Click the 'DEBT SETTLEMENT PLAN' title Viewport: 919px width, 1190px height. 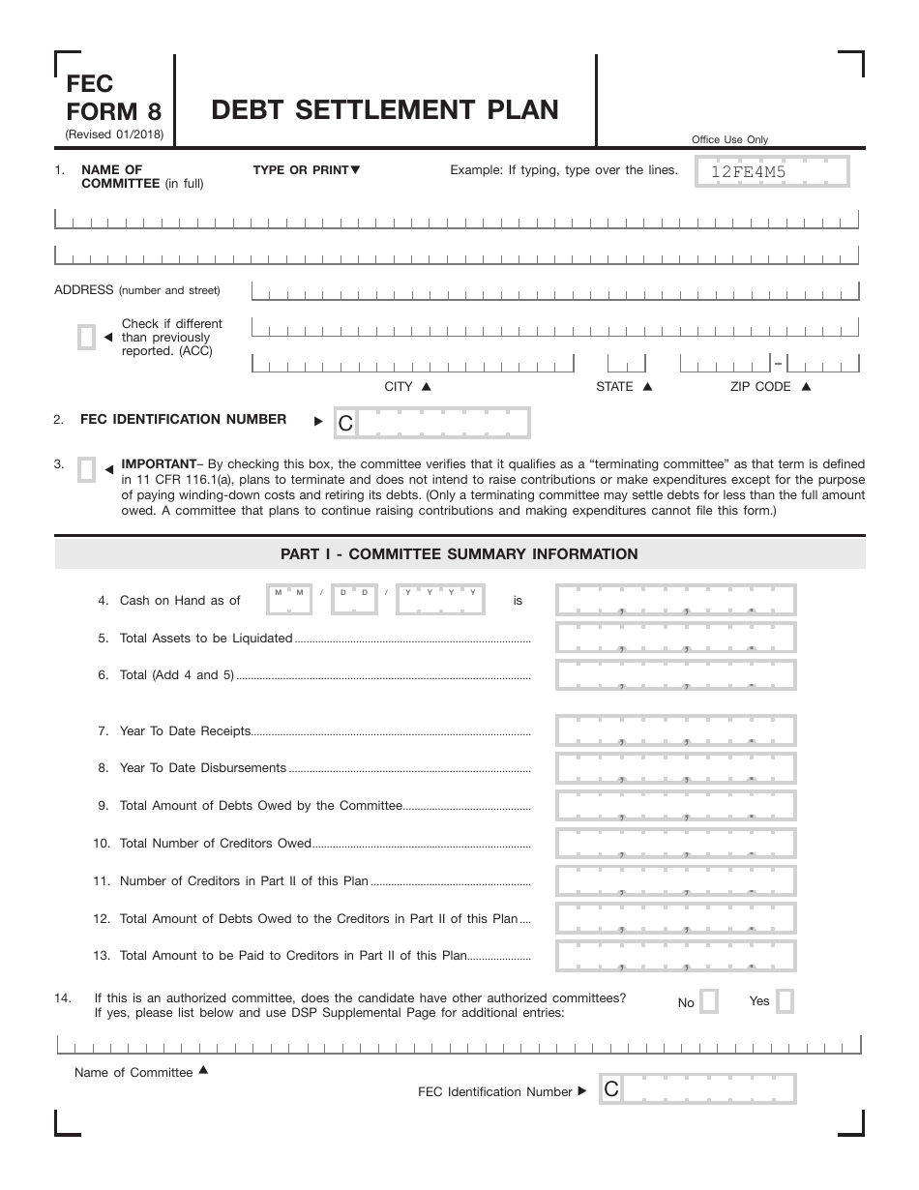[x=385, y=109]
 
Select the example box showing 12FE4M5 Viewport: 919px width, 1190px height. [x=773, y=172]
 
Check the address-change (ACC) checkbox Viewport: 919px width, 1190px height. [x=86, y=338]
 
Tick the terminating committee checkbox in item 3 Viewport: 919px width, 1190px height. [x=86, y=469]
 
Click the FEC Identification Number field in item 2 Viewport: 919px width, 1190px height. [x=431, y=422]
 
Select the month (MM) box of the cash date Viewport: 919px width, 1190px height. [x=288, y=600]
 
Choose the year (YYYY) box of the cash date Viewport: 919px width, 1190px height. [x=440, y=600]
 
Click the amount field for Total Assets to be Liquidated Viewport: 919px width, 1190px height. [x=675, y=638]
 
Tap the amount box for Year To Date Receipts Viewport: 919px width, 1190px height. [x=675, y=730]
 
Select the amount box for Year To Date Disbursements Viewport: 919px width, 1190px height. [x=675, y=768]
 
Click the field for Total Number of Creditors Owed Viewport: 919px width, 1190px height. [x=675, y=843]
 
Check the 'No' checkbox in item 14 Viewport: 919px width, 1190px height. [x=709, y=1001]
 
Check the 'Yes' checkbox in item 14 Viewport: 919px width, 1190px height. [x=785, y=1001]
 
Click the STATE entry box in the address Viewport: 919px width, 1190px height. [x=626, y=363]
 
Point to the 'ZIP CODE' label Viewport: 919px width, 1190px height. [x=760, y=386]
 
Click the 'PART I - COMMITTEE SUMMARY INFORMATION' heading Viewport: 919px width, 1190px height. [x=459, y=554]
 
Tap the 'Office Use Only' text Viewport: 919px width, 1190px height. [x=729, y=139]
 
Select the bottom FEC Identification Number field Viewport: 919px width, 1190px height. [x=697, y=1089]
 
